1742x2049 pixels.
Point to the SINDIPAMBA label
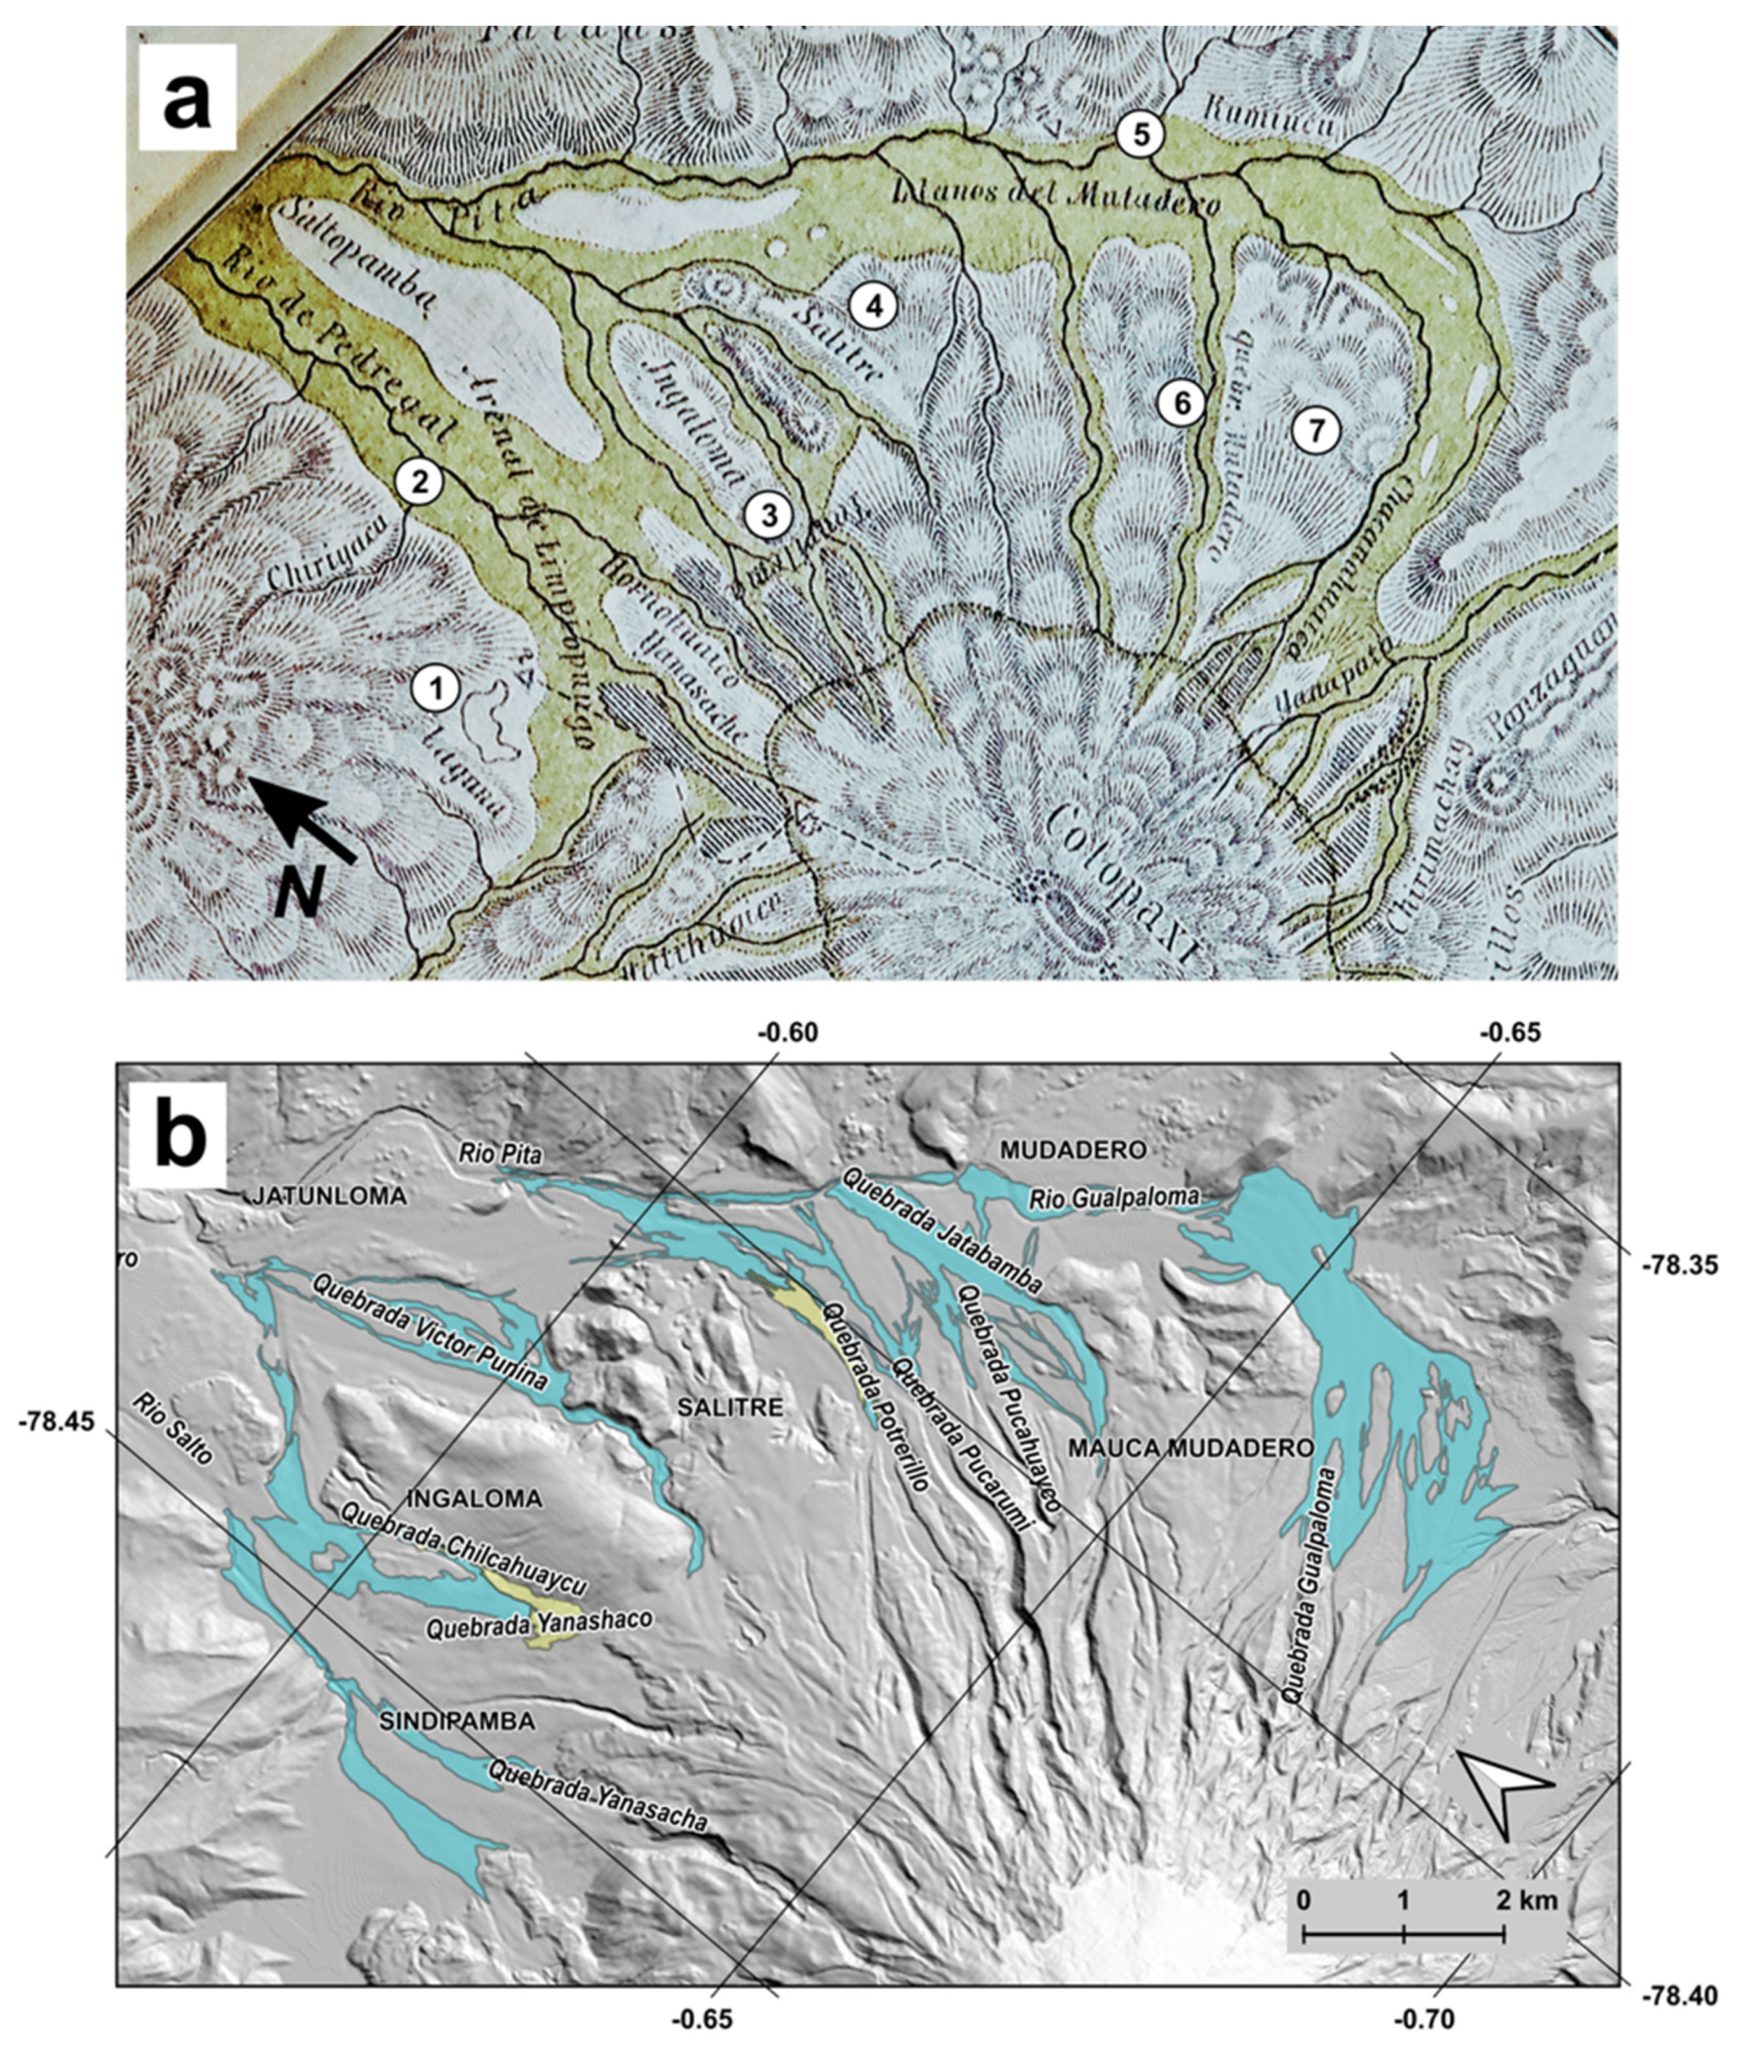pos(458,1721)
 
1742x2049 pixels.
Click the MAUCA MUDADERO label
pos(1192,1449)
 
